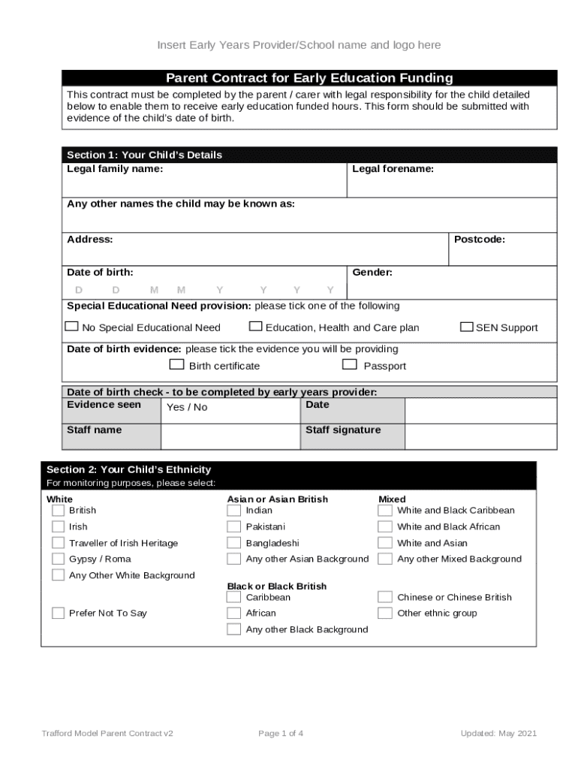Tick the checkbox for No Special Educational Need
[71, 327]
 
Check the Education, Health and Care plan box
[255, 327]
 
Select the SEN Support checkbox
[466, 327]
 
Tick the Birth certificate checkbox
[176, 365]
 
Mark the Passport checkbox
[349, 365]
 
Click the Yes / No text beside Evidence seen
[186, 407]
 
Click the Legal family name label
[115, 169]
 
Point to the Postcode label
[479, 240]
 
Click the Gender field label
[372, 273]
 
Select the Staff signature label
[342, 430]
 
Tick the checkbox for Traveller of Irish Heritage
[58, 543]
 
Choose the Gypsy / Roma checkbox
[58, 559]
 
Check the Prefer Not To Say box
[58, 613]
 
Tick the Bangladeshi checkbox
[234, 543]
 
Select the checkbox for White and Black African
[385, 526]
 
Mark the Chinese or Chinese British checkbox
[385, 597]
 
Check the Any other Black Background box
[234, 629]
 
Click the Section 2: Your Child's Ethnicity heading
[128, 469]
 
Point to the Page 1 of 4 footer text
[280, 734]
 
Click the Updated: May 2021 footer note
[498, 734]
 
